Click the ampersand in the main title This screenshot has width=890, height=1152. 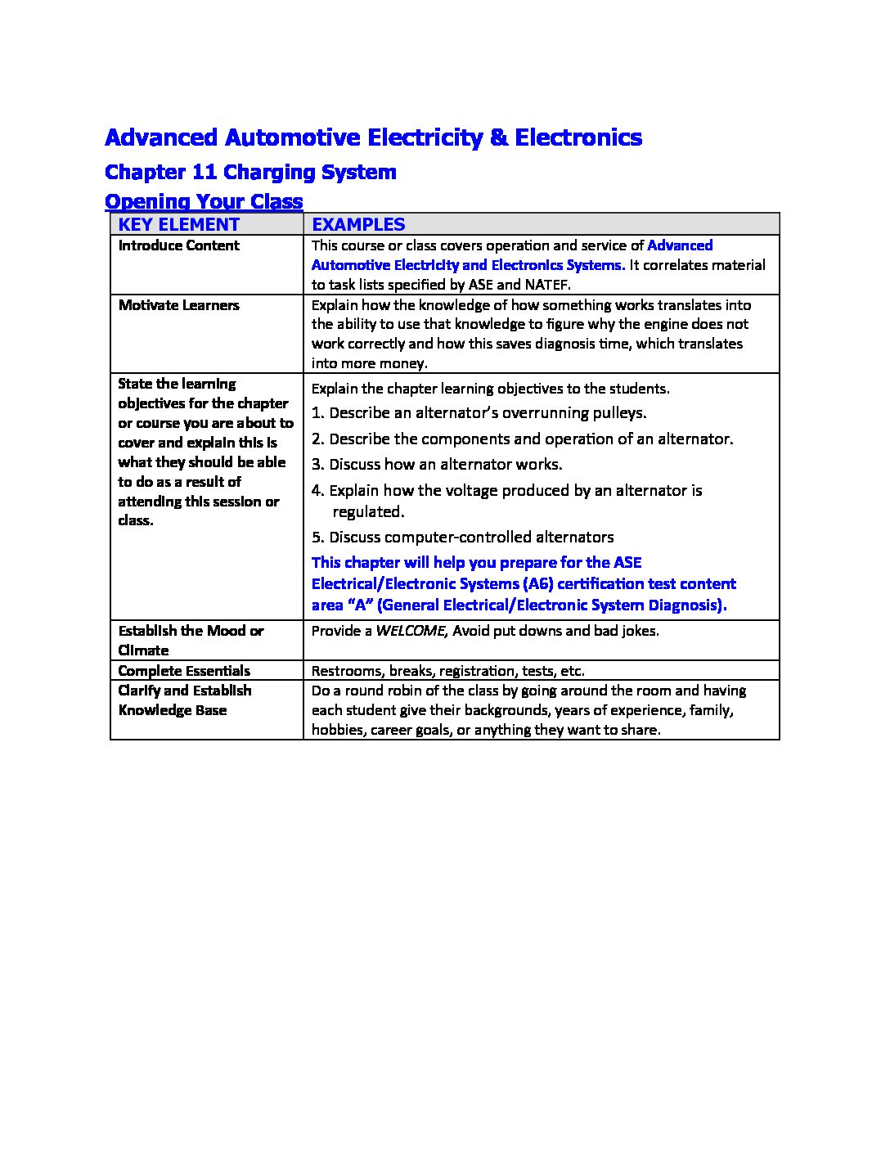[x=498, y=137]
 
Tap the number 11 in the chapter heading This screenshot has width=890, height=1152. [x=204, y=173]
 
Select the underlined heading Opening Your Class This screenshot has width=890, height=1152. [x=204, y=201]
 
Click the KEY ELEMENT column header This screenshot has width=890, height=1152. [x=179, y=224]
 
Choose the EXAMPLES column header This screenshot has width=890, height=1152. [x=359, y=224]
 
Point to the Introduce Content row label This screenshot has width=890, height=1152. [x=179, y=245]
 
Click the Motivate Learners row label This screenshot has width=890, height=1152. [x=179, y=305]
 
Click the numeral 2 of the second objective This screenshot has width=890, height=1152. [x=317, y=439]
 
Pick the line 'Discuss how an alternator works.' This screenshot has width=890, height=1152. [x=437, y=465]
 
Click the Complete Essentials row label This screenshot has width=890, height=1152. [x=184, y=671]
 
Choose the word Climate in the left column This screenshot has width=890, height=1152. [x=143, y=650]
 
